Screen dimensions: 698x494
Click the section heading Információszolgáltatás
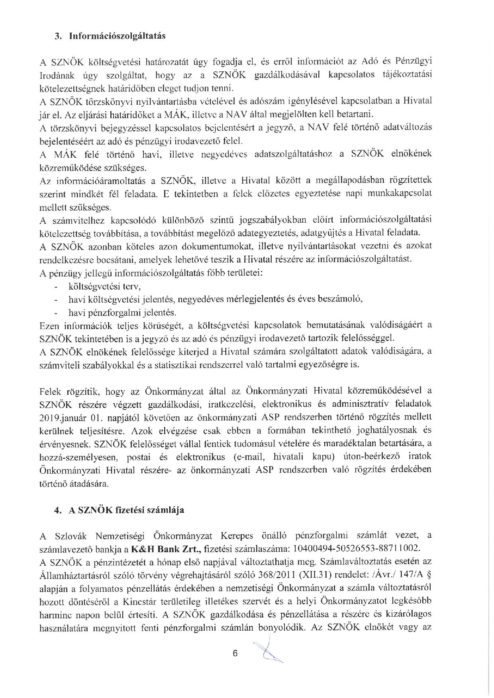[117, 36]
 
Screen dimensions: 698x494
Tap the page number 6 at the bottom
[235, 653]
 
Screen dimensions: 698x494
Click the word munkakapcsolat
[402, 194]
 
